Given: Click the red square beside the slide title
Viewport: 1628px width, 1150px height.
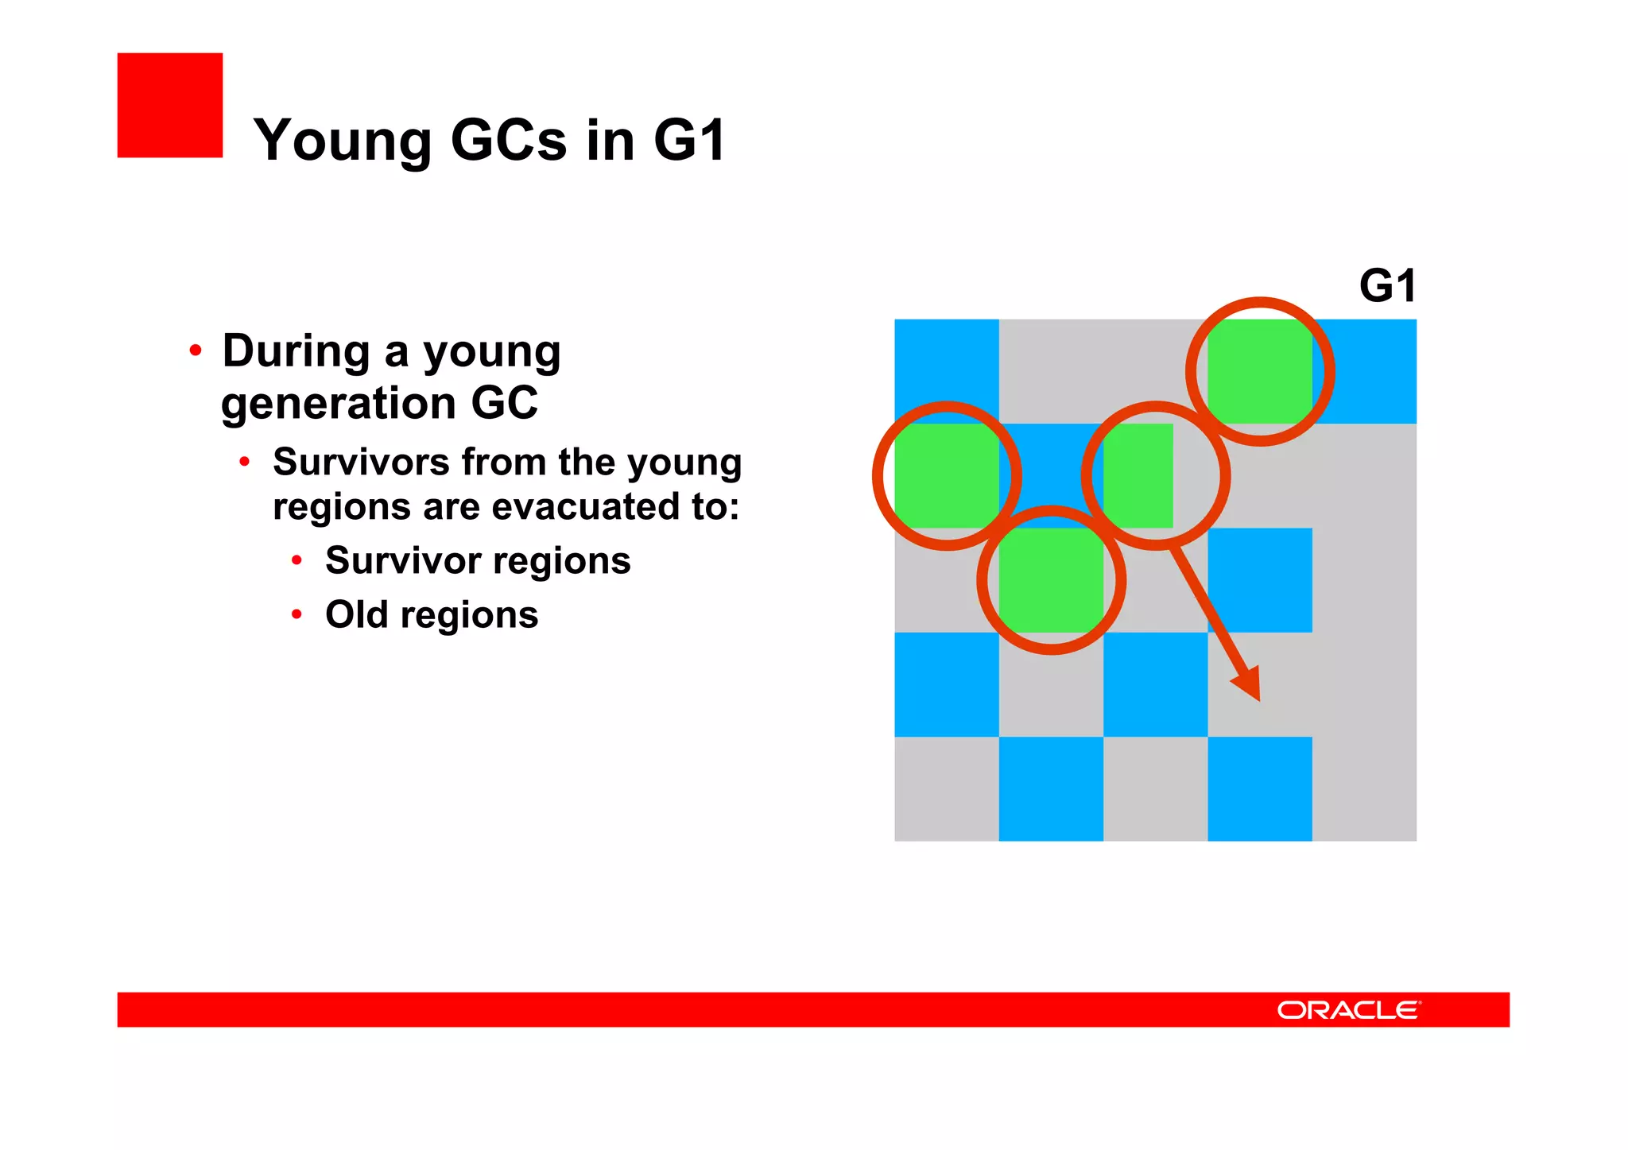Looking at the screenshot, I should (169, 105).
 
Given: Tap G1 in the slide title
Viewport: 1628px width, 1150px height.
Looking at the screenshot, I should (689, 140).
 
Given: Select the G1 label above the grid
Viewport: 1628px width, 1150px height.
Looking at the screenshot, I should (1387, 285).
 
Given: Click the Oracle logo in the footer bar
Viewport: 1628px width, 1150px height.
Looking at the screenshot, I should (1348, 1009).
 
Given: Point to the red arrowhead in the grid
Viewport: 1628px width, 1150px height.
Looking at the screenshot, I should (1248, 684).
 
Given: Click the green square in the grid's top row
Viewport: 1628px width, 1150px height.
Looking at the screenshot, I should (1259, 371).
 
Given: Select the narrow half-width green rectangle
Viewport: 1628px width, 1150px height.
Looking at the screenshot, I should (1138, 475).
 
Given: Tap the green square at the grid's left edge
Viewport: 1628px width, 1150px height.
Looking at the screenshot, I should (946, 475).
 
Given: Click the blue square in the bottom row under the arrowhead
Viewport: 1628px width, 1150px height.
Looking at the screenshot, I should (1259, 788).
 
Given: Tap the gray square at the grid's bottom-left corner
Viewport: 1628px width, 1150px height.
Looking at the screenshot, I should (946, 788).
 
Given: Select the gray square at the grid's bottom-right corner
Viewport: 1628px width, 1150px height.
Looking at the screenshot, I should (1364, 788).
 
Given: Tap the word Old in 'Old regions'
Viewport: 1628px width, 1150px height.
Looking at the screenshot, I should (357, 614).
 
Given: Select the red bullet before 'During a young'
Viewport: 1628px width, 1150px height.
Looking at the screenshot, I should (196, 350).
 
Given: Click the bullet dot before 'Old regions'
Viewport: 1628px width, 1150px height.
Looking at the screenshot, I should (297, 614).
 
